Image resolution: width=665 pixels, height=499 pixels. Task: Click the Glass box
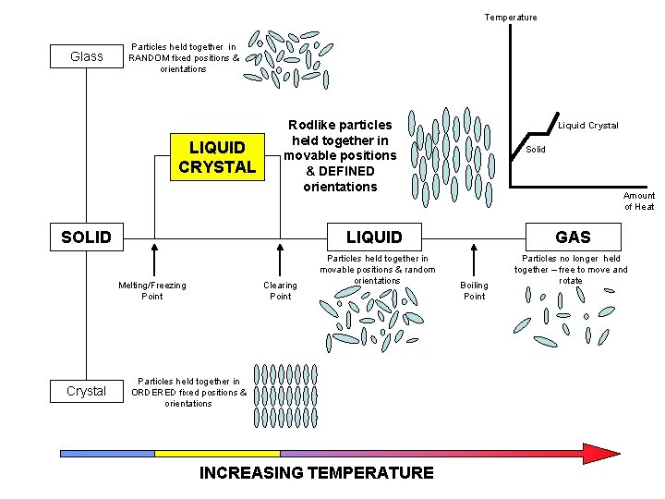tap(87, 56)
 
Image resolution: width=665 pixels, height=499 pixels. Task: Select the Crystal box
tap(87, 391)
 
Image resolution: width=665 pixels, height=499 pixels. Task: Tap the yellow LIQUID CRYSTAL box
tap(217, 157)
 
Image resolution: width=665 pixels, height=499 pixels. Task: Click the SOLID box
tap(86, 237)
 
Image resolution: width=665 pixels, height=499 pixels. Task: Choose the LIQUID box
tap(374, 237)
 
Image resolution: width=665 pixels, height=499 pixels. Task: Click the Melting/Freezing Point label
tap(152, 290)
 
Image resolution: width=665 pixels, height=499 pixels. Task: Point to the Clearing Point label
tap(280, 290)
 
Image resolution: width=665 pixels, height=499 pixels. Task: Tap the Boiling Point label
tap(474, 290)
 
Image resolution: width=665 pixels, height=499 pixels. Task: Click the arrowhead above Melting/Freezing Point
tap(153, 248)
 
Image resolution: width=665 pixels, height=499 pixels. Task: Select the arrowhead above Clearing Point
tap(281, 248)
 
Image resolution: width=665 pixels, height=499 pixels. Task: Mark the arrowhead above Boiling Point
tap(474, 248)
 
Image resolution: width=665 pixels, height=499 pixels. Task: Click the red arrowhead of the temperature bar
tap(600, 453)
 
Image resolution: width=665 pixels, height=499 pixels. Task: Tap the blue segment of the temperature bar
tap(106, 454)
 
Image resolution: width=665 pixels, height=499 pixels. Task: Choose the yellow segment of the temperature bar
tap(217, 454)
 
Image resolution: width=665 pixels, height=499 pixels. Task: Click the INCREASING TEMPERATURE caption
tap(317, 473)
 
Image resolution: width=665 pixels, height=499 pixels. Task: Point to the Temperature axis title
tap(511, 17)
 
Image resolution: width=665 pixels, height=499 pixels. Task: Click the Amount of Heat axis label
tap(639, 201)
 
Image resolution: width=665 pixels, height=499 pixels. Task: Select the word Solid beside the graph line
tap(536, 149)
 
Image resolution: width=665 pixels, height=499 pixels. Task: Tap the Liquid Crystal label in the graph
tap(588, 126)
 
